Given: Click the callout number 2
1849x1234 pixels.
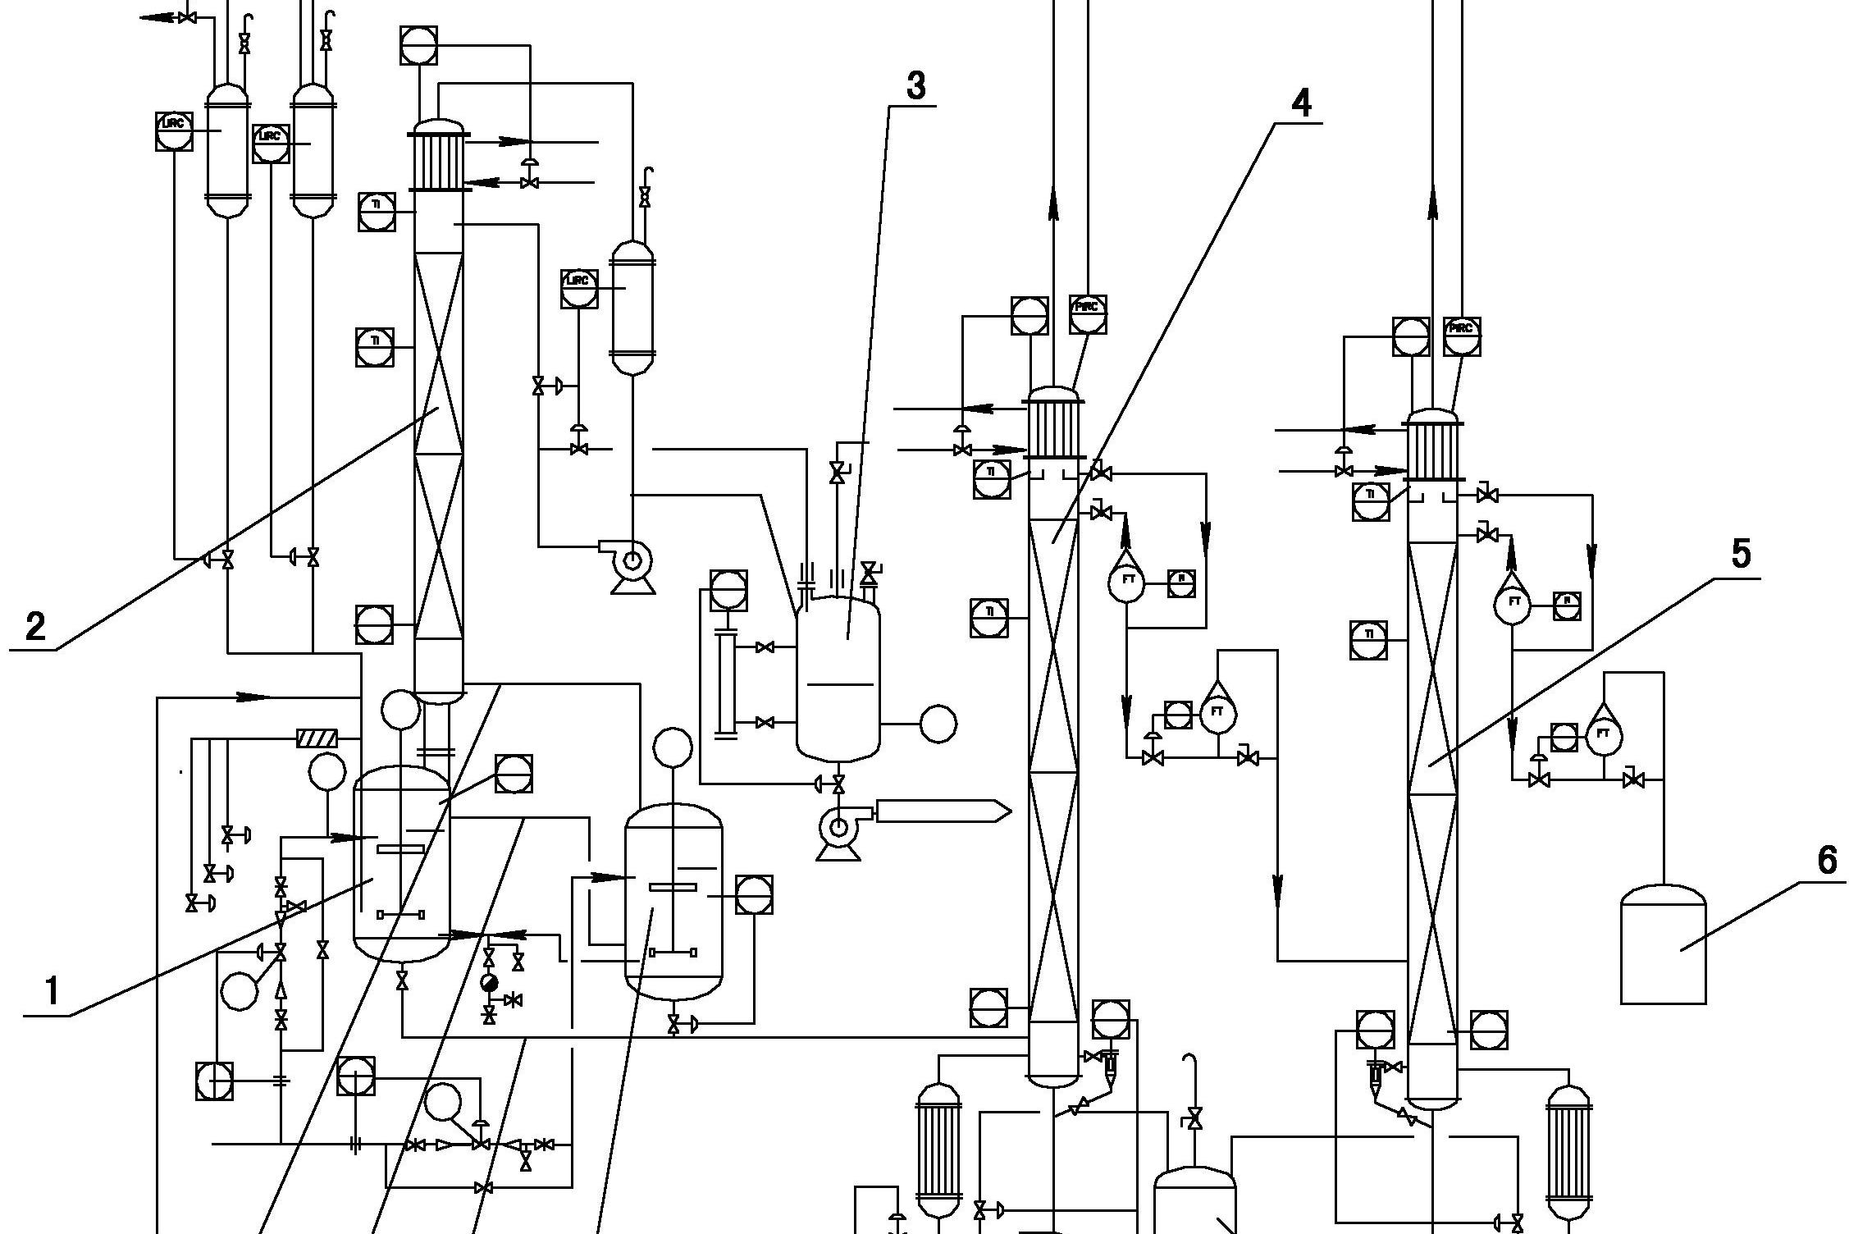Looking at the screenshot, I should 35,627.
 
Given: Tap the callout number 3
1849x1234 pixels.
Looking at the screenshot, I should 915,86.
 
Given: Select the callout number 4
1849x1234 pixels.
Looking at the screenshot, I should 1301,103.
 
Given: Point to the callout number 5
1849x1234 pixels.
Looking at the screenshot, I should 1741,555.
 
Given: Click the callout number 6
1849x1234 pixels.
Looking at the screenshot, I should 1827,861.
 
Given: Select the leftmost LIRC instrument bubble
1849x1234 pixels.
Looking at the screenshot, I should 174,131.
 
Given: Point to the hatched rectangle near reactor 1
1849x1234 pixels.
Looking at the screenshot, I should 317,739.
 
